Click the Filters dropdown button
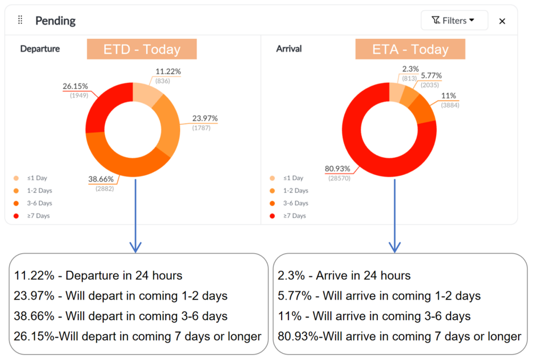coord(454,21)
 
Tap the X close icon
coord(502,21)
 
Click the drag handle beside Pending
coord(20,20)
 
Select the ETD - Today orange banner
coord(142,49)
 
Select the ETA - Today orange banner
coord(410,49)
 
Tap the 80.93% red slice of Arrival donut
coord(372,154)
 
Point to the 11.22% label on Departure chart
coord(169,71)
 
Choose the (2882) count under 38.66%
coord(104,188)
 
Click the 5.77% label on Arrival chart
coord(431,76)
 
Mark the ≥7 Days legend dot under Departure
coord(16,216)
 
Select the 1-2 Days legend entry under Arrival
coord(295,191)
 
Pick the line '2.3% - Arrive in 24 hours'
coord(344,276)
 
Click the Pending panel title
coord(55,21)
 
